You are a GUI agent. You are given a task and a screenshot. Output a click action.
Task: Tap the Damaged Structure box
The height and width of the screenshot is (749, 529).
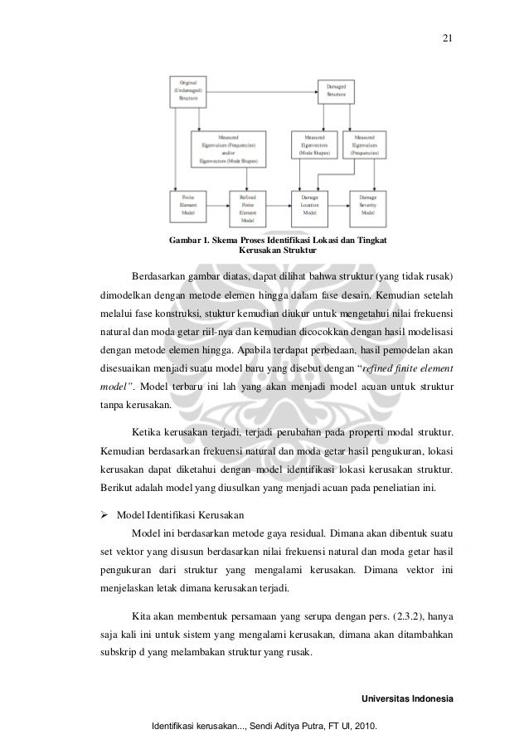(x=336, y=91)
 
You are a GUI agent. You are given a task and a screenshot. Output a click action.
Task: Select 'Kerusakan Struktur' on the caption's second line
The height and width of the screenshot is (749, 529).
(x=270, y=250)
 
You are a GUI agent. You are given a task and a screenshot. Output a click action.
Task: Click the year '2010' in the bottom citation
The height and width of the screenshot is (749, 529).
(x=362, y=727)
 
